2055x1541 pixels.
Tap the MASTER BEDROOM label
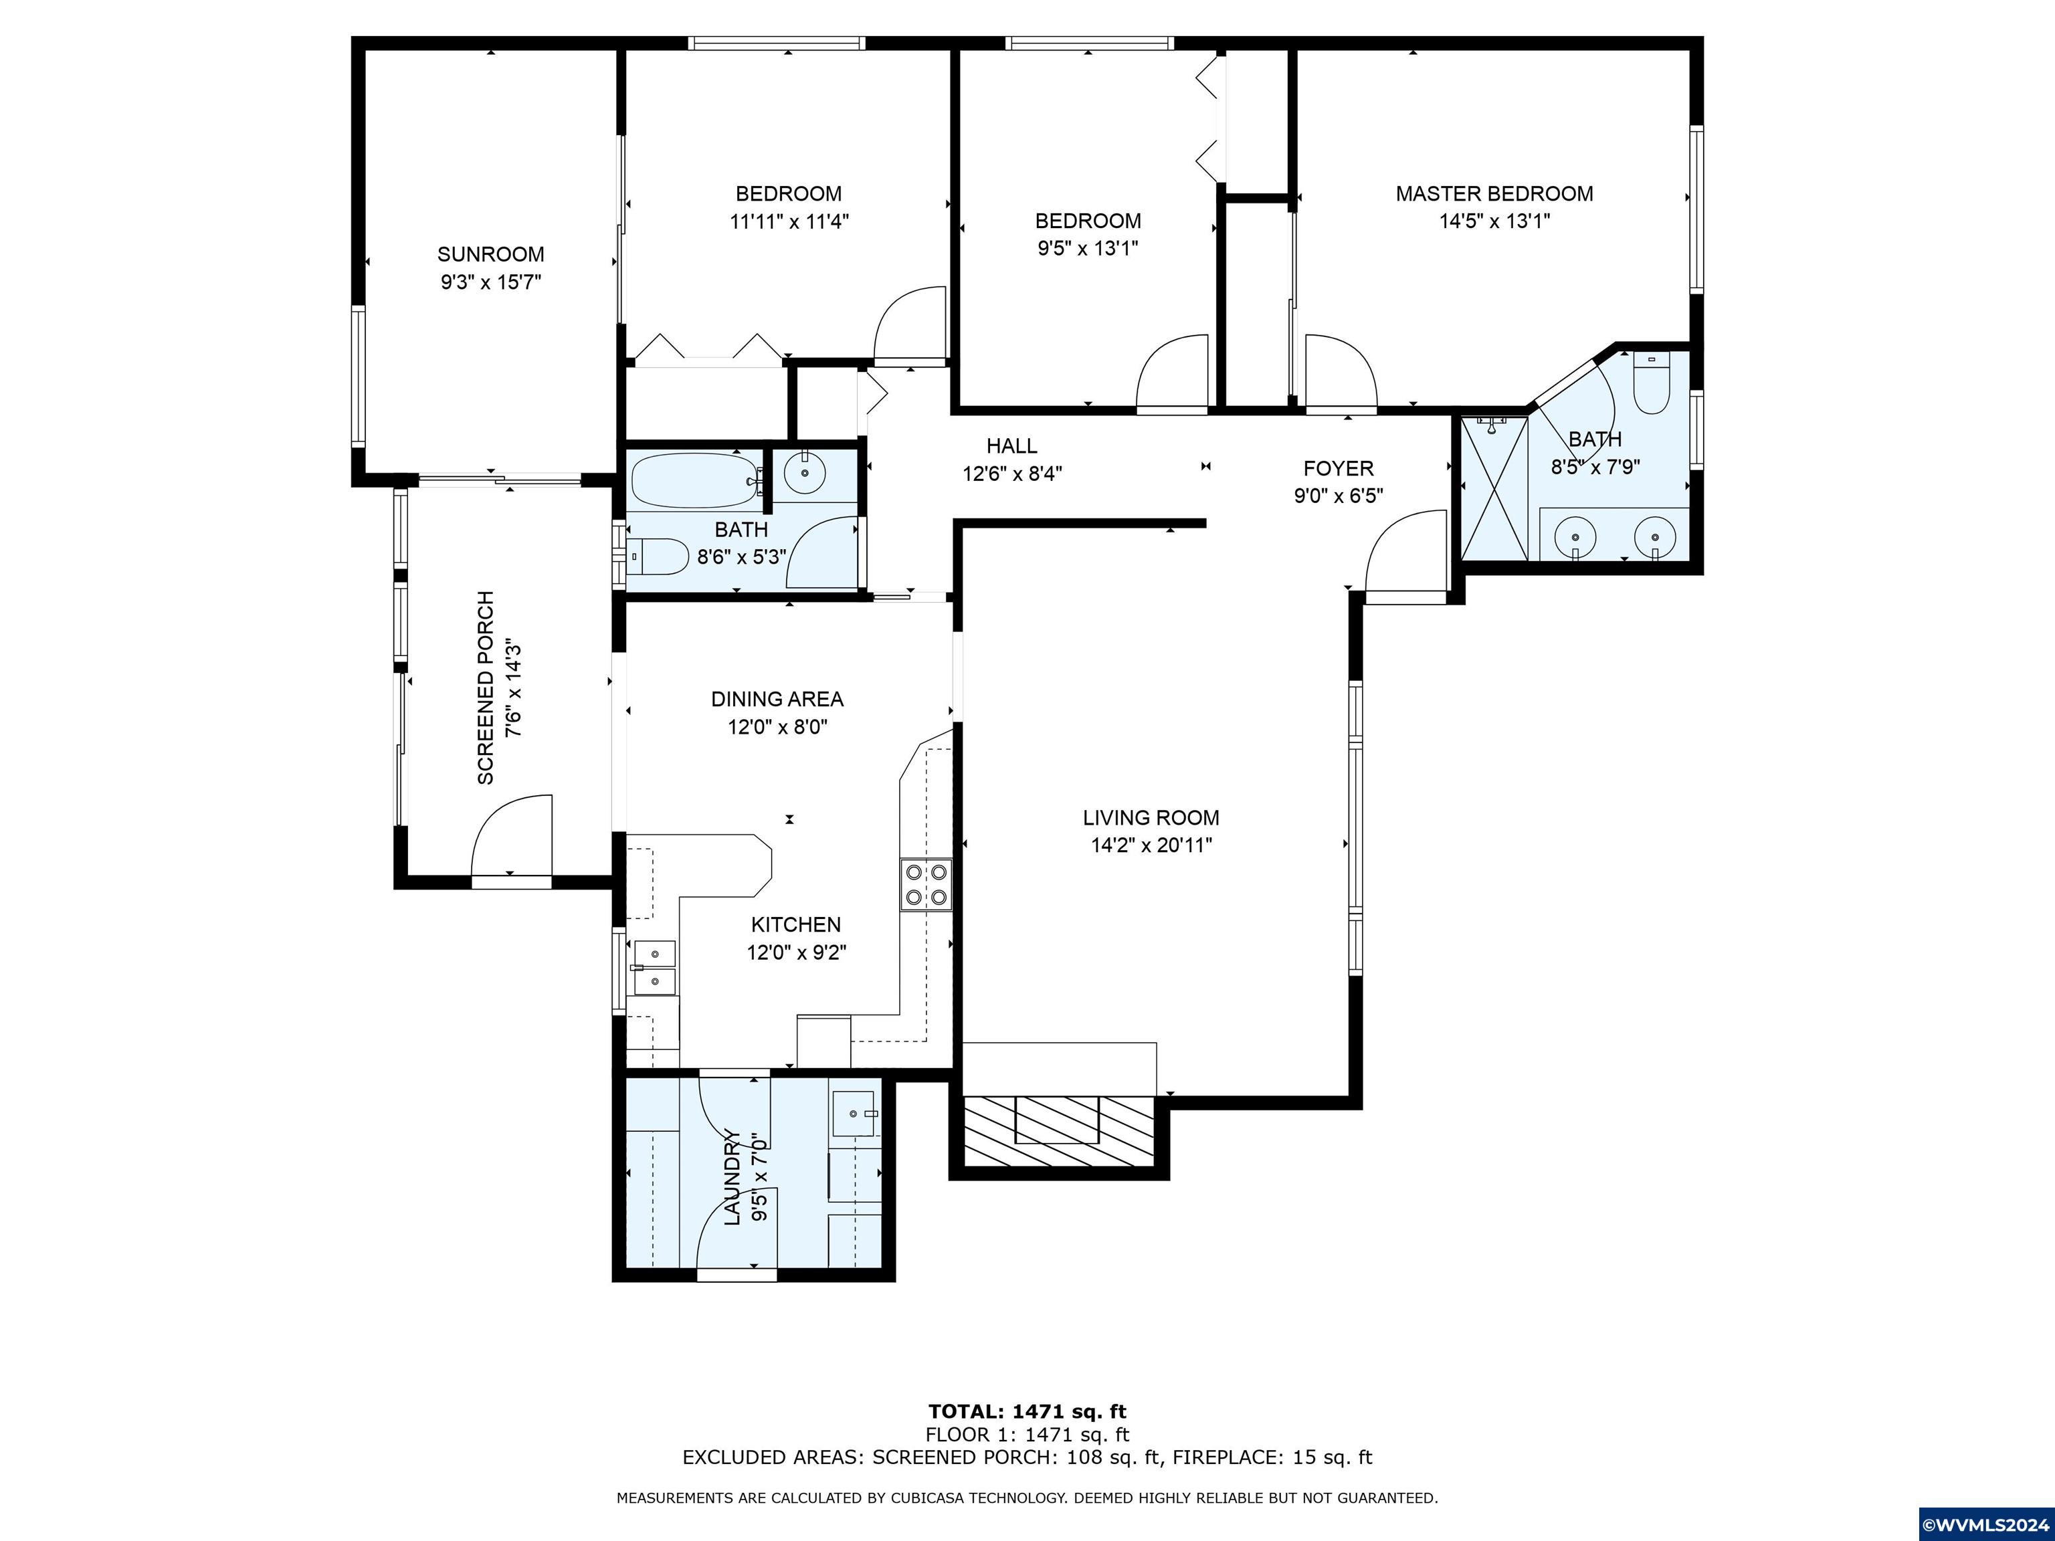click(1494, 194)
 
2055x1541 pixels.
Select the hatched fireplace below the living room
click(1058, 1132)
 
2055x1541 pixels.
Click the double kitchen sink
click(654, 967)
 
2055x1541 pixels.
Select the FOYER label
click(1338, 469)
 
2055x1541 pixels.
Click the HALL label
click(1011, 446)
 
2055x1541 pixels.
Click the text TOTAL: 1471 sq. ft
click(1027, 1412)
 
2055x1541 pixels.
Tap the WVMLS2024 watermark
click(1986, 1524)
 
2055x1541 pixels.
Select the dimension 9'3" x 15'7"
click(490, 282)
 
